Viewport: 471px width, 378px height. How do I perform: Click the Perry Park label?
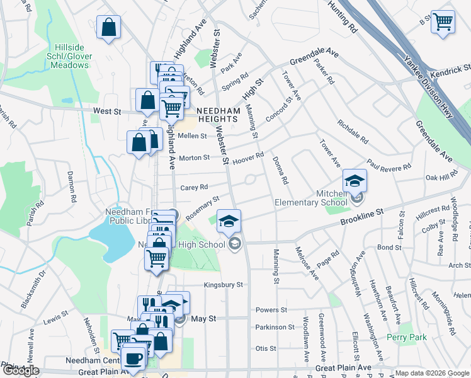click(406, 338)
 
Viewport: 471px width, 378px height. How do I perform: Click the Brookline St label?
click(362, 218)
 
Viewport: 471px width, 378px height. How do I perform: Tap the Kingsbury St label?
click(222, 285)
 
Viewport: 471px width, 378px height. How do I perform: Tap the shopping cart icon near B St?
click(443, 21)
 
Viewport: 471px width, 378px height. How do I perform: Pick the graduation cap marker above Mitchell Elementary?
click(355, 181)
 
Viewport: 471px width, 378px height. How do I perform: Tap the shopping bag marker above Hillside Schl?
click(109, 27)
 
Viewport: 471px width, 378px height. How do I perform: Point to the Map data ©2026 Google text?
click(432, 373)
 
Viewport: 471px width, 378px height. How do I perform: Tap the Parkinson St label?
click(275, 327)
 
